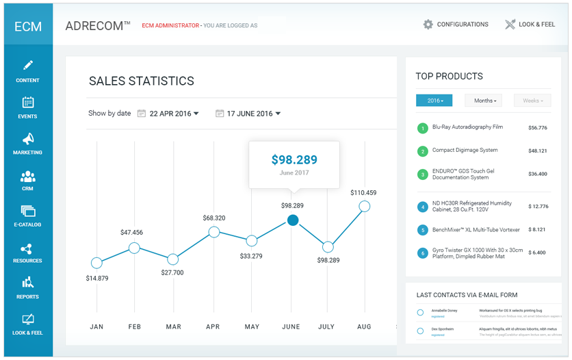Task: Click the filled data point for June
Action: pos(293,220)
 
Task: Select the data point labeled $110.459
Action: pos(365,206)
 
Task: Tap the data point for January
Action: pos(96,263)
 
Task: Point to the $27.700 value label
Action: pos(172,272)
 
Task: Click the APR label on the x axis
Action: pos(213,327)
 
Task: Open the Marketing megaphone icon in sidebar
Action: pos(28,139)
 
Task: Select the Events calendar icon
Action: pos(28,103)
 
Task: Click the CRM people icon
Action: pos(28,176)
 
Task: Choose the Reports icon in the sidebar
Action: pos(28,283)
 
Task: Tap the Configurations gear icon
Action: pos(428,25)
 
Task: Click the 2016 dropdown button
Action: pos(434,101)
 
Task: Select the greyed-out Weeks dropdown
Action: pos(532,101)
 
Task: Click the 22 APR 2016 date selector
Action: pos(168,114)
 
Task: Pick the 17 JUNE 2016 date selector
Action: pos(248,114)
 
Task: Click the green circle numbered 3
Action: pos(423,175)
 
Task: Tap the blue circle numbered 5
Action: pos(423,230)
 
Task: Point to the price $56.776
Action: pos(538,128)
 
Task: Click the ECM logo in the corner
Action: pos(28,27)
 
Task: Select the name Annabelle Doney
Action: pos(444,310)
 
